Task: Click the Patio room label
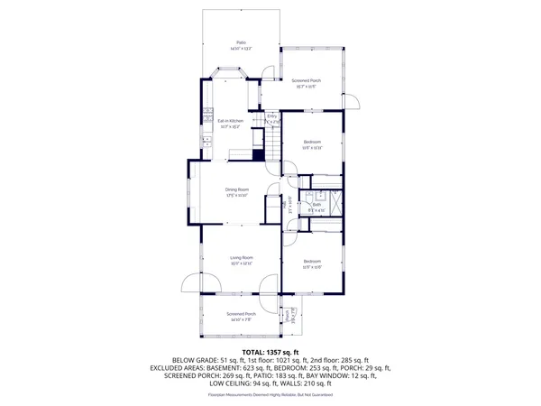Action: (241, 44)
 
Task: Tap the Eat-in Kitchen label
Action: (230, 123)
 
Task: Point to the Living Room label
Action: (241, 260)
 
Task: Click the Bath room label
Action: (316, 207)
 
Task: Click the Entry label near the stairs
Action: (271, 117)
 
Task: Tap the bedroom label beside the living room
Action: (312, 263)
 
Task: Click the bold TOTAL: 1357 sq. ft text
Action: (270, 352)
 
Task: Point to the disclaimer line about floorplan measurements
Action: (270, 394)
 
